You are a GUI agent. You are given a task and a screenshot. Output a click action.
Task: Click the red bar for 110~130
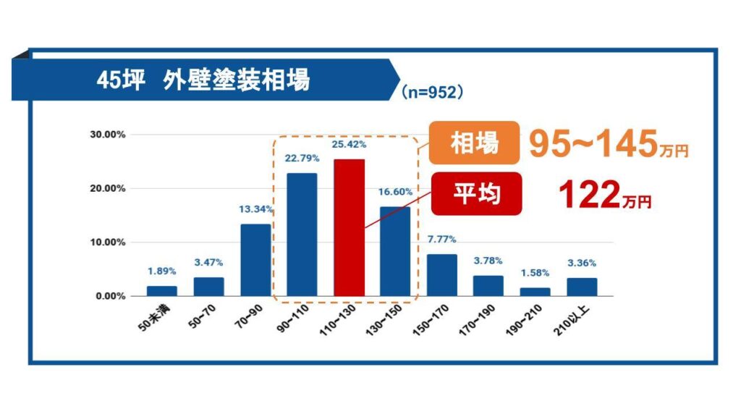click(349, 227)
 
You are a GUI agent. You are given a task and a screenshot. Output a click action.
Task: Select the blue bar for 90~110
click(302, 235)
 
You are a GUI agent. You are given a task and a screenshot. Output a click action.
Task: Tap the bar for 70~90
click(255, 260)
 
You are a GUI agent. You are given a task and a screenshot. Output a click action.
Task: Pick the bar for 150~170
click(441, 275)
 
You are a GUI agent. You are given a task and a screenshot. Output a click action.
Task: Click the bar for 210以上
click(582, 287)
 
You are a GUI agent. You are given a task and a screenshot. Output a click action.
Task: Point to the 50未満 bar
click(162, 291)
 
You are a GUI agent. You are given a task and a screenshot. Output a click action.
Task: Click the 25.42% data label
click(349, 145)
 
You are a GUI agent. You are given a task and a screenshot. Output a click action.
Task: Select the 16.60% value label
click(395, 193)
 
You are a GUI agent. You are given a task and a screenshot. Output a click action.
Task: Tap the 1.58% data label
click(535, 273)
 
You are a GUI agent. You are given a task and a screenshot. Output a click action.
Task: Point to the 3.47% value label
click(208, 263)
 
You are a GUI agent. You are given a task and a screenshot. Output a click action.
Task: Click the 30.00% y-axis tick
click(107, 135)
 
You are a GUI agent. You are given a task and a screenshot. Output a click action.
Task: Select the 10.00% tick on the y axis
click(107, 243)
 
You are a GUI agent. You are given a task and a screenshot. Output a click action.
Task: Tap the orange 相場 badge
click(474, 143)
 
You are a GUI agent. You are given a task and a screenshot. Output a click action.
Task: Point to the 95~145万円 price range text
click(608, 144)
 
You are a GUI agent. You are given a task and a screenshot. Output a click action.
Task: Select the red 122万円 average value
click(605, 196)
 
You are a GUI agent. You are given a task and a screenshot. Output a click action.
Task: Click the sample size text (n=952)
click(431, 92)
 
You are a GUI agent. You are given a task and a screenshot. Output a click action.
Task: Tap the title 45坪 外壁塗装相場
click(203, 80)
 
